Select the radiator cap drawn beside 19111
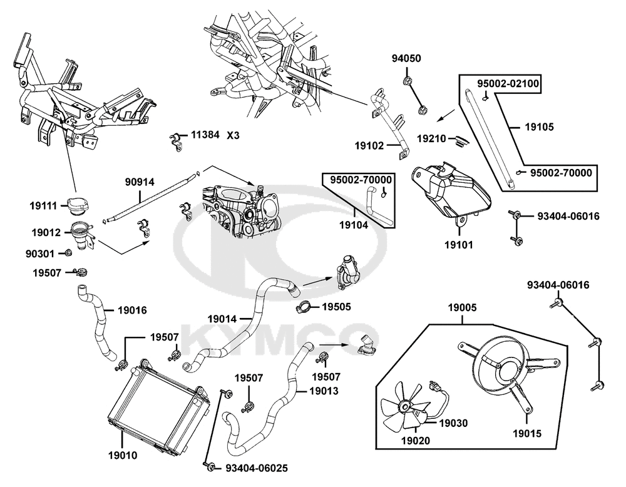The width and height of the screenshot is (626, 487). (77, 206)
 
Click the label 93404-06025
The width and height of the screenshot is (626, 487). (256, 468)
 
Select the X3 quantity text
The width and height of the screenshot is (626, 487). (233, 136)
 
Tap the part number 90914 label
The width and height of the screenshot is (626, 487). (140, 182)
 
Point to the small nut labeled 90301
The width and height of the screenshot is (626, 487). (68, 253)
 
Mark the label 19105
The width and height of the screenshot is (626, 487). (540, 127)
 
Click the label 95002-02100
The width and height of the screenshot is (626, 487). (508, 83)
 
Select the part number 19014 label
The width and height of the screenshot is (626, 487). (222, 319)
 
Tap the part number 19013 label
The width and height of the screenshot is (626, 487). (324, 391)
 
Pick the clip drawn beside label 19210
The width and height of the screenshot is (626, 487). (460, 141)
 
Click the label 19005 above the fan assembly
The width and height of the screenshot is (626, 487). (463, 308)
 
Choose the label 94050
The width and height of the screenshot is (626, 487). (406, 58)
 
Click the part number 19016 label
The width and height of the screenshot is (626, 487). (132, 310)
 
